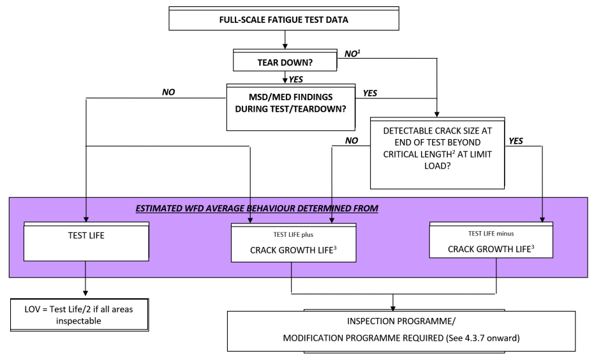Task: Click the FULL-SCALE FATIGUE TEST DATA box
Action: point(284,18)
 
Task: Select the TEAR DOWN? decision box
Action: point(285,60)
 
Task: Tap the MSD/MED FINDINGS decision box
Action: point(291,107)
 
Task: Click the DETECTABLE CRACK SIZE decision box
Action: point(438,153)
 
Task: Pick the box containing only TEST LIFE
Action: point(86,241)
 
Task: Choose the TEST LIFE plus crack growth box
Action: point(293,243)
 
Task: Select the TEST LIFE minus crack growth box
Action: point(491,240)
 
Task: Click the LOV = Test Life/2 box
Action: point(79,315)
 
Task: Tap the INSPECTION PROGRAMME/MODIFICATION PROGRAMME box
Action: point(401,331)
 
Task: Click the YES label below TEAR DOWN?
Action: point(296,79)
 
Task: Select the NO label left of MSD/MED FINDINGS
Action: point(168,92)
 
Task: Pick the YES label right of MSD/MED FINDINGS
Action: point(370,93)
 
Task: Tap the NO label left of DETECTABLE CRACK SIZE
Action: point(352,140)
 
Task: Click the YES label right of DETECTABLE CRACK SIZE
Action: point(516,141)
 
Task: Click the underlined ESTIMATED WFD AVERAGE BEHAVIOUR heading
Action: point(257,209)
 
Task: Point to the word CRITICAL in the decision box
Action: point(400,154)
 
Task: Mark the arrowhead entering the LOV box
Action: point(85,294)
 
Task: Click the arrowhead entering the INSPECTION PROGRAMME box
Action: point(393,308)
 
